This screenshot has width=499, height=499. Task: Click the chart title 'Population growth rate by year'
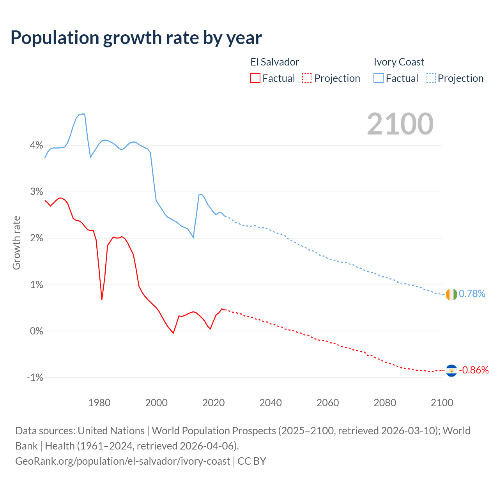pyautogui.click(x=136, y=38)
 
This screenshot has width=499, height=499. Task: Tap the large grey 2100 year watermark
pyautogui.click(x=400, y=124)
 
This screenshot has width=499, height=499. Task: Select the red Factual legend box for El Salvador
pyautogui.click(x=255, y=78)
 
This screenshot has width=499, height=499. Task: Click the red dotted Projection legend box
pyautogui.click(x=307, y=78)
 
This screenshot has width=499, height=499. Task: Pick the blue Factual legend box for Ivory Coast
pyautogui.click(x=378, y=78)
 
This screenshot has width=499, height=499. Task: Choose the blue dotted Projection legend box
pyautogui.click(x=430, y=78)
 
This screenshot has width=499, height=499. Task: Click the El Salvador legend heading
pyautogui.click(x=274, y=62)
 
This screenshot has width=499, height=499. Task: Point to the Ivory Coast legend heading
pyautogui.click(x=399, y=62)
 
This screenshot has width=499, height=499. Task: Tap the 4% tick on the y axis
pyautogui.click(x=36, y=145)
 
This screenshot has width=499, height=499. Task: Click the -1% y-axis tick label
pyautogui.click(x=35, y=377)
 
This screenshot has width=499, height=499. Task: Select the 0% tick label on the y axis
pyautogui.click(x=36, y=331)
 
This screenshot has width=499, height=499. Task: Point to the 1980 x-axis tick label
pyautogui.click(x=99, y=403)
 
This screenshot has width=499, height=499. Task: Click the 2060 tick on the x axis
pyautogui.click(x=327, y=403)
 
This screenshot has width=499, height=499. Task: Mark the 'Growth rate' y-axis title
pyautogui.click(x=16, y=242)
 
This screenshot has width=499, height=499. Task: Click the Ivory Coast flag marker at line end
pyautogui.click(x=451, y=294)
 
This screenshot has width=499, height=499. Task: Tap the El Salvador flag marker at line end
pyautogui.click(x=451, y=370)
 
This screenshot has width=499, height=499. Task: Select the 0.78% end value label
pyautogui.click(x=472, y=294)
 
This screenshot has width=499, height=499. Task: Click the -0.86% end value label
pyautogui.click(x=474, y=370)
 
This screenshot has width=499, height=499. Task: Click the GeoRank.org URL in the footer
pyautogui.click(x=122, y=461)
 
